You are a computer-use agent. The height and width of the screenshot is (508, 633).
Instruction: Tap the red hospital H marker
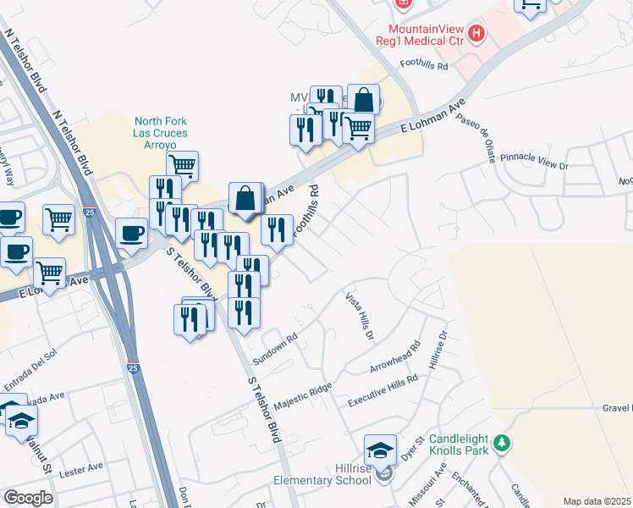point(477,35)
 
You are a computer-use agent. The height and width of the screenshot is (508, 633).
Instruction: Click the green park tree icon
point(502,443)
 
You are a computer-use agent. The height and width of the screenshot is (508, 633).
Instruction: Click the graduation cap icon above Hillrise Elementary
point(381,449)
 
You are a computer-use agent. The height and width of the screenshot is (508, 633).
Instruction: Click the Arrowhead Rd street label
point(394,358)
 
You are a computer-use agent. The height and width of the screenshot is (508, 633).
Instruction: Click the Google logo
point(28,498)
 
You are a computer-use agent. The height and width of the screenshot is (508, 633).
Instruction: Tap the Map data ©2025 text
point(597,501)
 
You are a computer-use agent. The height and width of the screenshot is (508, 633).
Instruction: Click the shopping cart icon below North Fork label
point(182,165)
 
